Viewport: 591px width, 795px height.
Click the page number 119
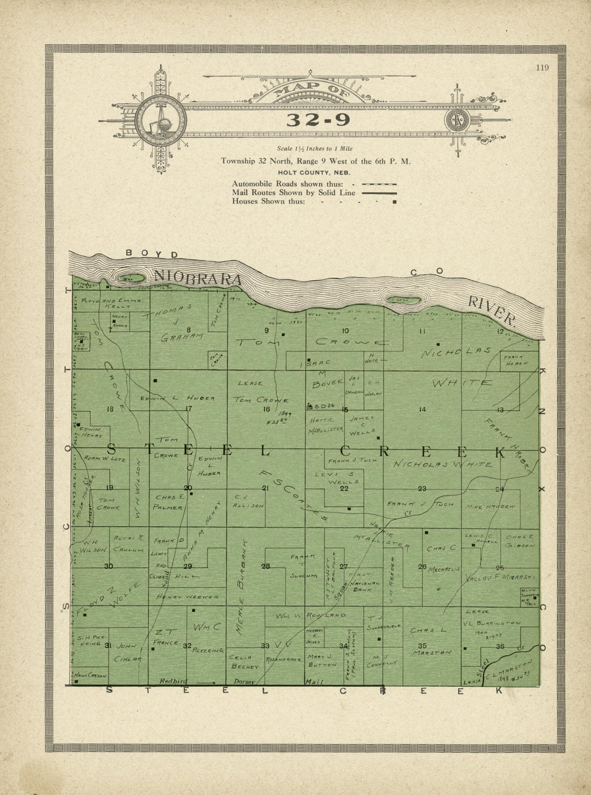click(x=542, y=67)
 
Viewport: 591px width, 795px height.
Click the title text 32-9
click(x=318, y=119)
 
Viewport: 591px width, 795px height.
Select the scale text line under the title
click(x=314, y=148)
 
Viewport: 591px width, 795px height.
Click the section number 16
click(x=266, y=409)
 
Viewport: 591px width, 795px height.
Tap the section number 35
click(x=422, y=646)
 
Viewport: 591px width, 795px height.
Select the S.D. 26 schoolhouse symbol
click(x=309, y=406)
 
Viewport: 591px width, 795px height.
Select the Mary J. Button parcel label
click(x=322, y=661)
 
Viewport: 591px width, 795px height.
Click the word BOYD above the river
click(x=152, y=253)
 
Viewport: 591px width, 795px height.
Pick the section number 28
click(x=265, y=566)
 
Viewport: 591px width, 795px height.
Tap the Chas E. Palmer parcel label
click(x=170, y=502)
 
